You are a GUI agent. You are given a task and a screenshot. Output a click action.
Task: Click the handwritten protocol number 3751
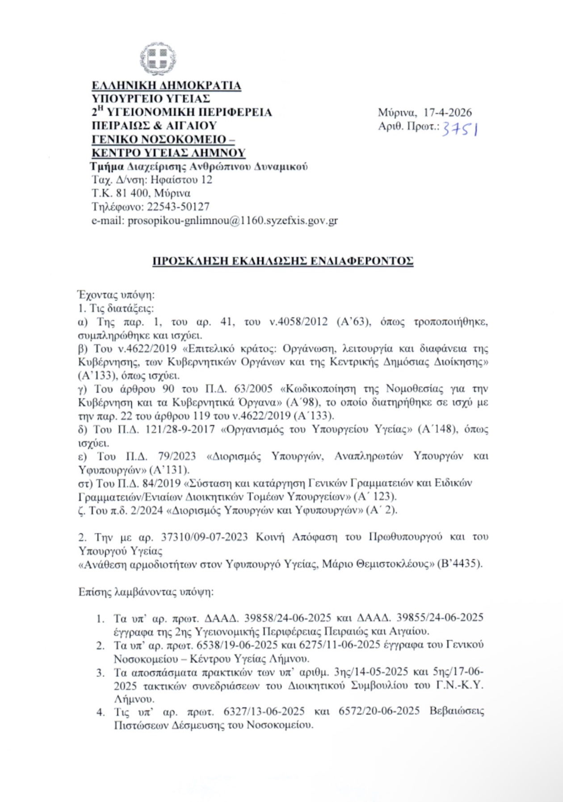coord(460,130)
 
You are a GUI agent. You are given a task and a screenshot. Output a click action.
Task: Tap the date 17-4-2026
coord(447,113)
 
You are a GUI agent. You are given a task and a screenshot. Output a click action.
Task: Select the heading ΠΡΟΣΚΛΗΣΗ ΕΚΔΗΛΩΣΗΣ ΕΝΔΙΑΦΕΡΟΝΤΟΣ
coord(283,261)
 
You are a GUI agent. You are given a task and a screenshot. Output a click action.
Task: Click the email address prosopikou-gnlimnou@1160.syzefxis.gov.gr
coord(233,221)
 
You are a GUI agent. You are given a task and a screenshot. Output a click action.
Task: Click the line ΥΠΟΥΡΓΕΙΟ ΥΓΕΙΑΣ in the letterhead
coord(151,98)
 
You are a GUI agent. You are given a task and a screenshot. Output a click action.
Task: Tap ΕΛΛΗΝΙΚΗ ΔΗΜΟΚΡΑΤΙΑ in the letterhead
coord(166,85)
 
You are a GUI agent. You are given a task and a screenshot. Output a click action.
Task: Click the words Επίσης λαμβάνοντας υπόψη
coord(146,592)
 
